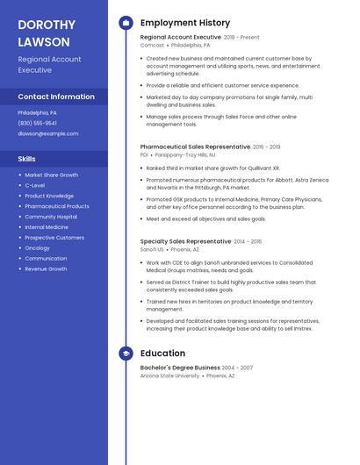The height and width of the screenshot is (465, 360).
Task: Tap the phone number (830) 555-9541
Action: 37,123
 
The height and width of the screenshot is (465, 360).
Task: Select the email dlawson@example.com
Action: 47,133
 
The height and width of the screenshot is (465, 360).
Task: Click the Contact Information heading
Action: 56,97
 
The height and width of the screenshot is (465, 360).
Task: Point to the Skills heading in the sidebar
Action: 27,159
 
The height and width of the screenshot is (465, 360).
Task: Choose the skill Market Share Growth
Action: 51,175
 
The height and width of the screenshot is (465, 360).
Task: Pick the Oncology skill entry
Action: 37,247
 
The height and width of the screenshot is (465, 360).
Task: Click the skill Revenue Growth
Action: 46,268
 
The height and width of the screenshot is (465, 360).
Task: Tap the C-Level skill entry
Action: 34,185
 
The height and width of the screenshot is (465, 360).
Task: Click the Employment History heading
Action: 185,23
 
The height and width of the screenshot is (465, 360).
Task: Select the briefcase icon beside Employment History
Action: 126,23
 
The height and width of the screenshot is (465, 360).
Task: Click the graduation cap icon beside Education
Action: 126,354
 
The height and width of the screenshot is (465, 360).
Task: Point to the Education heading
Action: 162,354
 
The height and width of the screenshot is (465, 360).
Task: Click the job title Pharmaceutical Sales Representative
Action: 195,147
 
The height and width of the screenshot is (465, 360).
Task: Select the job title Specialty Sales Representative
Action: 185,240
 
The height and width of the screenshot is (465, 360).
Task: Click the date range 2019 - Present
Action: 241,38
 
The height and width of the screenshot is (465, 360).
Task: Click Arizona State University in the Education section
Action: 169,376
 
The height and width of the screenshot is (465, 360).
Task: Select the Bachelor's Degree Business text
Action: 180,368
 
